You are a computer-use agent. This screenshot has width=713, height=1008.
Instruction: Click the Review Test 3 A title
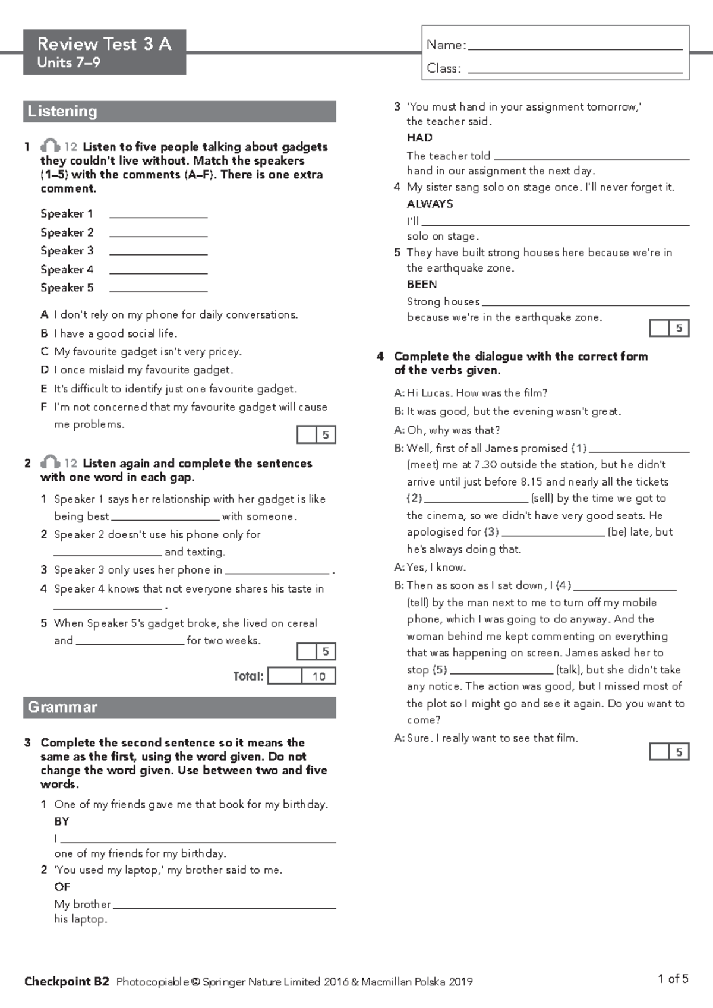(x=104, y=44)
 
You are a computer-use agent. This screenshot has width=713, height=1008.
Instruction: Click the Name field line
(x=575, y=48)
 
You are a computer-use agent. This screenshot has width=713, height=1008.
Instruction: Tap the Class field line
(x=575, y=71)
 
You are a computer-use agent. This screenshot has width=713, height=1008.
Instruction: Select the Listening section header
(x=62, y=111)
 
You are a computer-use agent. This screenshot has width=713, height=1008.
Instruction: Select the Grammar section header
(x=62, y=707)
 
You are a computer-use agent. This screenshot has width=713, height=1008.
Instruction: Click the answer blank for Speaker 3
(x=158, y=253)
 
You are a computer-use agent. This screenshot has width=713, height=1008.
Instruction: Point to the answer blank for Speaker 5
(x=158, y=290)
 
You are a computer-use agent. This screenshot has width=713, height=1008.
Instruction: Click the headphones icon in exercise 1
(x=50, y=146)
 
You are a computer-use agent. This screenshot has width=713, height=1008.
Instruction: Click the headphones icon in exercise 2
(x=50, y=462)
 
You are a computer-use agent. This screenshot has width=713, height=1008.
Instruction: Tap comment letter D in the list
(x=45, y=370)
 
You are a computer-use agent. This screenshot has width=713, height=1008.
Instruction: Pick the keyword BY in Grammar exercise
(x=61, y=821)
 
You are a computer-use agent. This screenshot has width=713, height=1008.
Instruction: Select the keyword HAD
(x=419, y=138)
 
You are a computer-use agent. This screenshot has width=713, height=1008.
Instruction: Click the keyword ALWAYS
(x=430, y=204)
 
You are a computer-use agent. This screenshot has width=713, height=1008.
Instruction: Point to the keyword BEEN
(x=422, y=284)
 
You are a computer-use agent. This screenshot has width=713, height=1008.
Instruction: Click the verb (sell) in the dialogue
(x=542, y=498)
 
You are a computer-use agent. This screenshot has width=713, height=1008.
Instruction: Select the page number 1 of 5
(x=673, y=979)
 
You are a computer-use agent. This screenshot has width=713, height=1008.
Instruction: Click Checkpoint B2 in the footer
(x=67, y=981)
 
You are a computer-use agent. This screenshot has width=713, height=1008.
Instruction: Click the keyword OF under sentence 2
(x=62, y=887)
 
